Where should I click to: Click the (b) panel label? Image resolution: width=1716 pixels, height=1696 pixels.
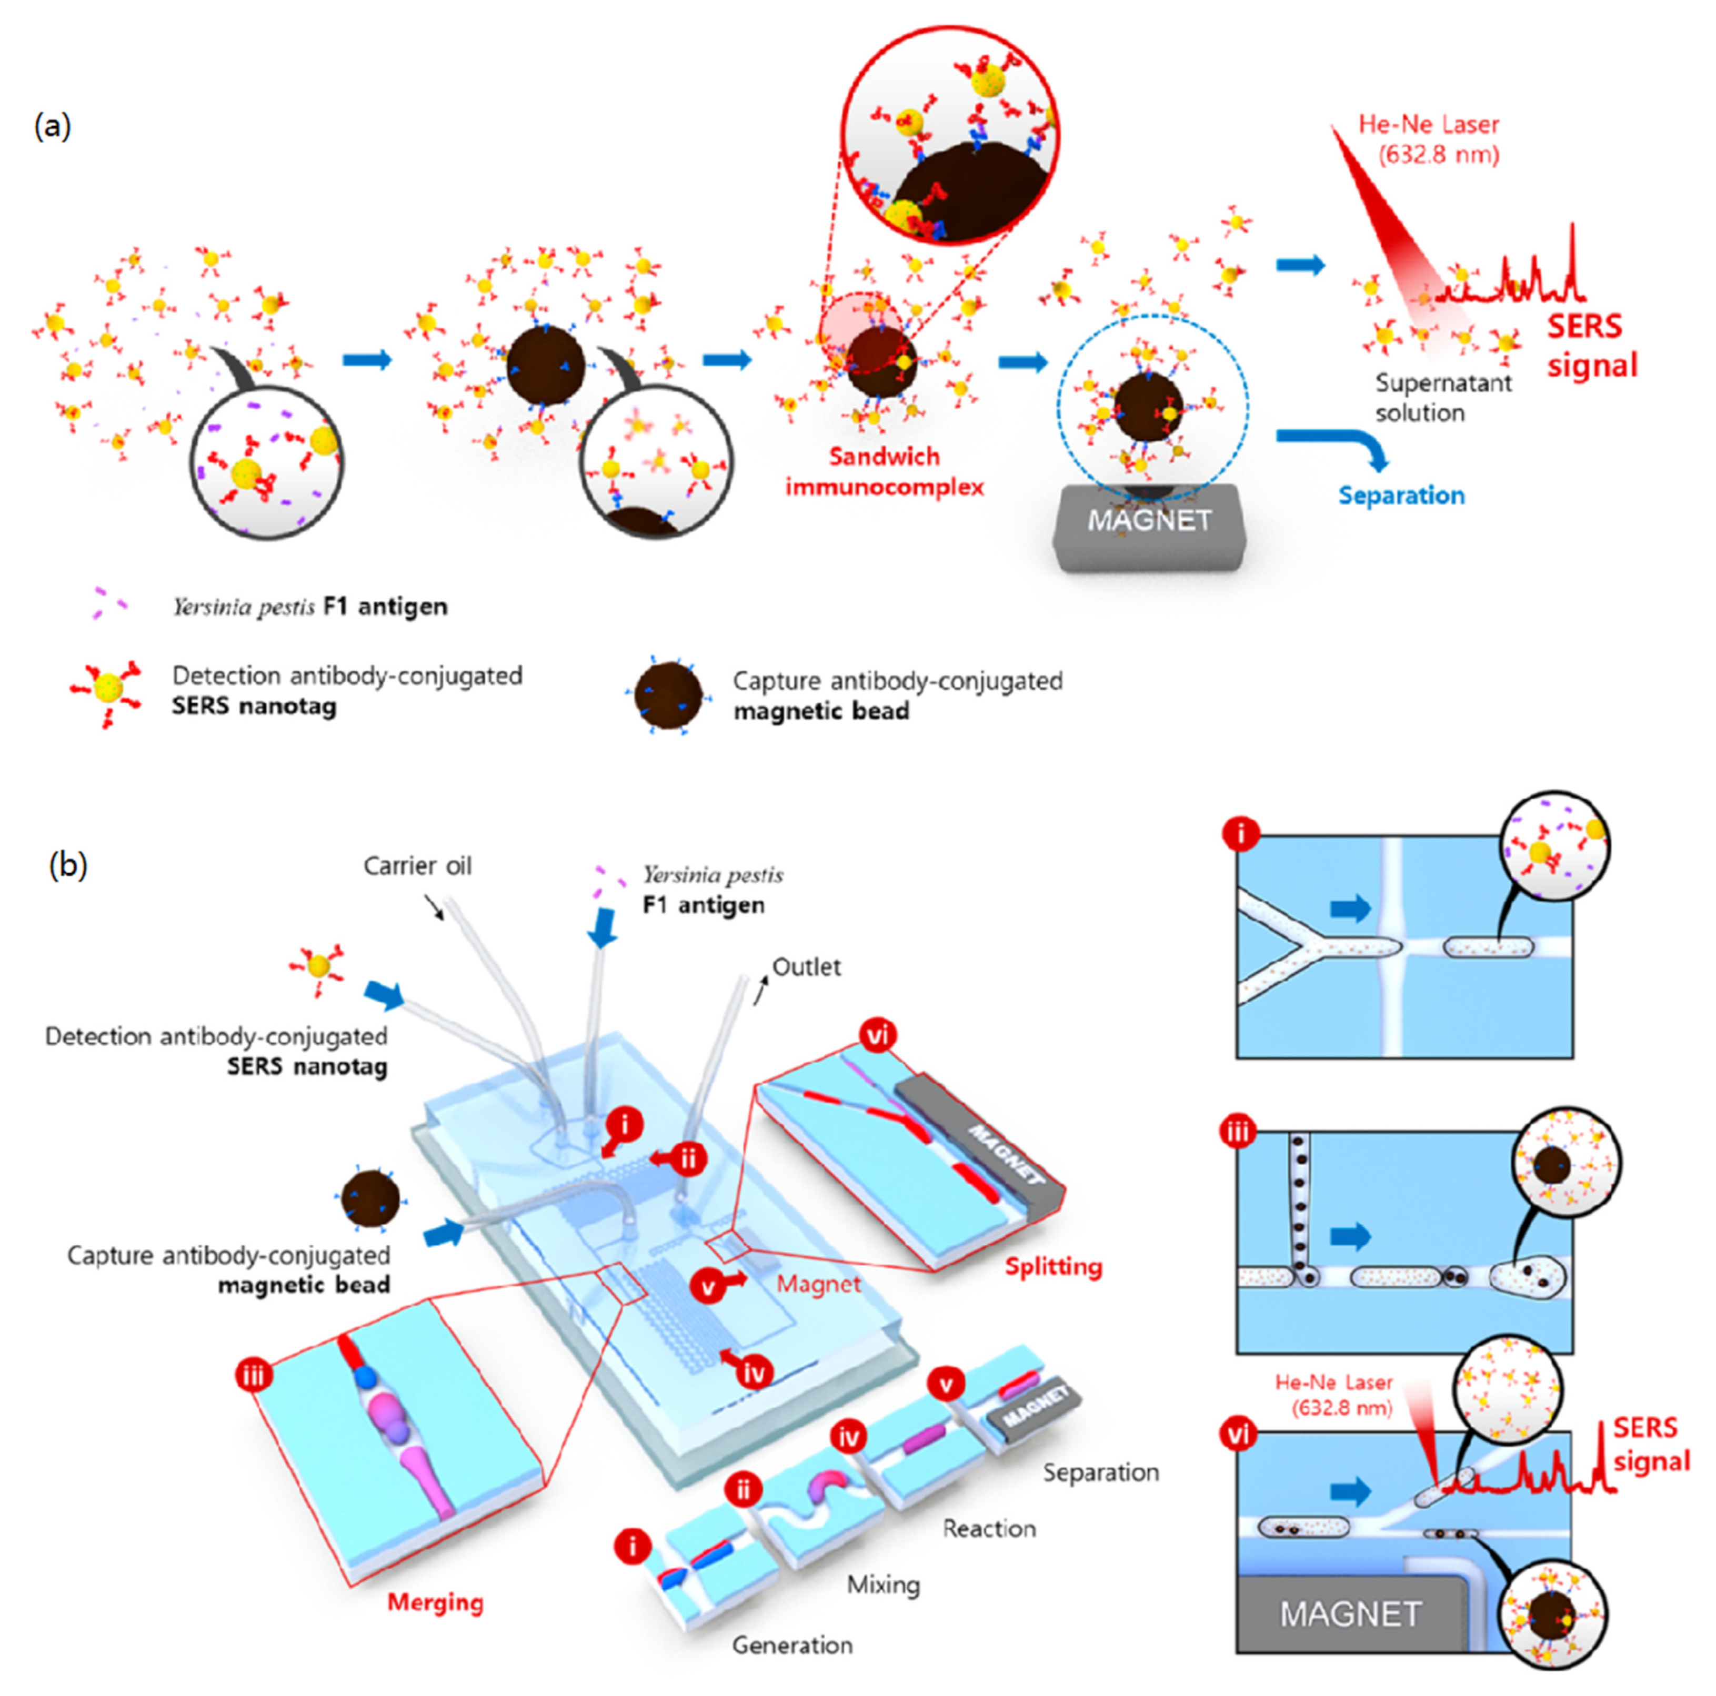point(67,864)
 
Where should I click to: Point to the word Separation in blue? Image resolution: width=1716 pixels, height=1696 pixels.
point(1401,496)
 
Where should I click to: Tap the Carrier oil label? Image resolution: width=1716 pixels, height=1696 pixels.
point(417,866)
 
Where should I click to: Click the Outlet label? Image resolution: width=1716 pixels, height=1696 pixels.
point(806,967)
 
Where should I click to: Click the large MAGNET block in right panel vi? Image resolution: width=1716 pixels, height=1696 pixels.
point(1350,1613)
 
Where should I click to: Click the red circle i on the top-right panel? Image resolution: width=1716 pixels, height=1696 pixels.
point(1241,834)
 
